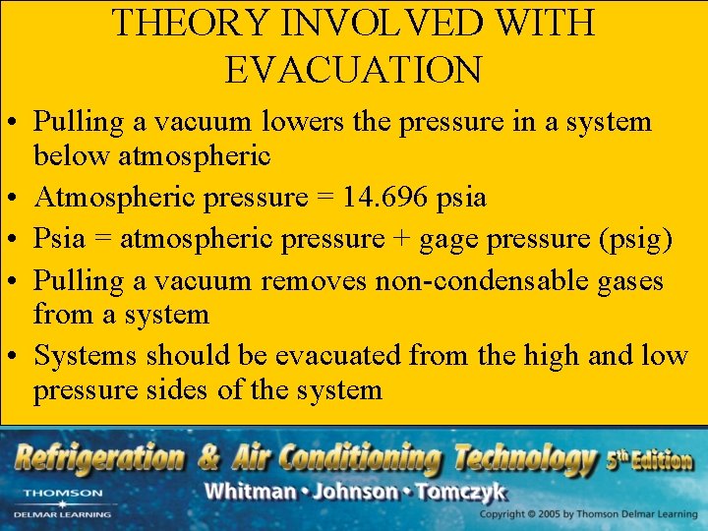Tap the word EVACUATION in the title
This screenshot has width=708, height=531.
click(x=354, y=70)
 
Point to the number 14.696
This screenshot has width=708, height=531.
click(x=385, y=198)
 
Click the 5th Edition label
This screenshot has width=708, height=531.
click(x=649, y=458)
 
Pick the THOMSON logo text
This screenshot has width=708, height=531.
click(x=62, y=493)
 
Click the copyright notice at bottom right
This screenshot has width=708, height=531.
click(x=588, y=515)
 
